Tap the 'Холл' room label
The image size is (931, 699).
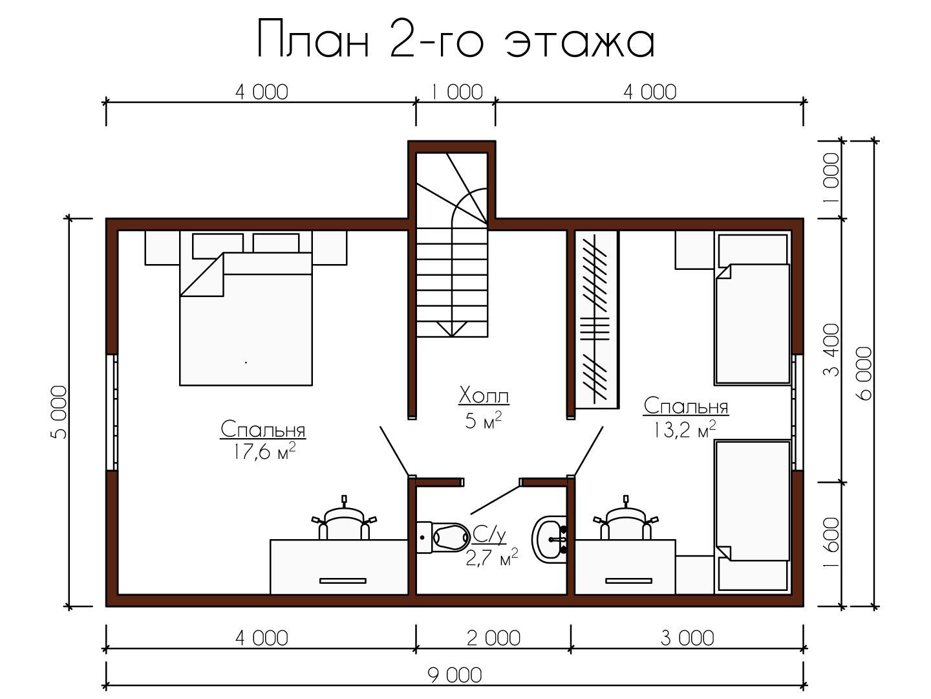point(484,396)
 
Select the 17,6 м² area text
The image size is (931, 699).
point(263,451)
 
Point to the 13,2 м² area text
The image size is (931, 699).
point(684,429)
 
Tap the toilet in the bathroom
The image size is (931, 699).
point(443,537)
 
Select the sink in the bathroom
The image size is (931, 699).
point(550,539)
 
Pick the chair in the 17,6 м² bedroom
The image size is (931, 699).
point(344,518)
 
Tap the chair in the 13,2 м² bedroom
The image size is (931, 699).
point(626,518)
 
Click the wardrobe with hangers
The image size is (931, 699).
point(596,320)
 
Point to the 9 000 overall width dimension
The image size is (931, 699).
point(455,675)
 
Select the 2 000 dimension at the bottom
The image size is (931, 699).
point(493,638)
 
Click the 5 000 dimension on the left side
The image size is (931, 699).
point(59,412)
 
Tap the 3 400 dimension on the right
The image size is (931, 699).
point(831,350)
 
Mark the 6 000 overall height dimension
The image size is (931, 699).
point(864,373)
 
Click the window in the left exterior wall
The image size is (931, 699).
point(114,412)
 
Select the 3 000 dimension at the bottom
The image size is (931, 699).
point(687,638)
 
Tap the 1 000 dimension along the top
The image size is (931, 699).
point(457,92)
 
